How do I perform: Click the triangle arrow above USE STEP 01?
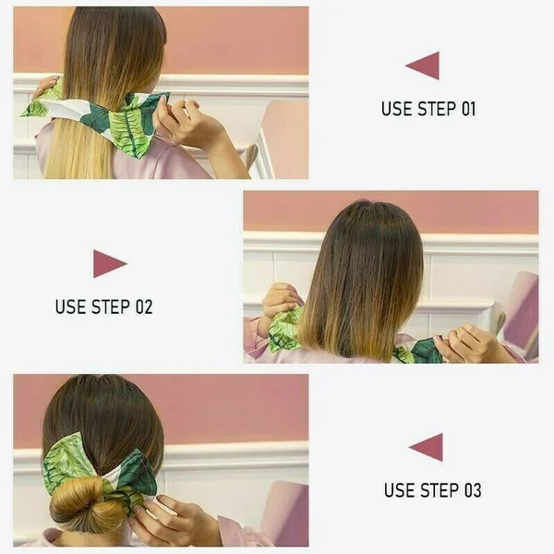(x=424, y=66)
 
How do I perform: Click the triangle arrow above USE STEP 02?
(x=108, y=263)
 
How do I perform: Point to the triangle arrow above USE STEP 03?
(x=427, y=447)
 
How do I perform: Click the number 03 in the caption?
(x=471, y=490)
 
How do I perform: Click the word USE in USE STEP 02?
(x=70, y=307)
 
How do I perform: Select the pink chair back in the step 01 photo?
(x=283, y=138)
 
